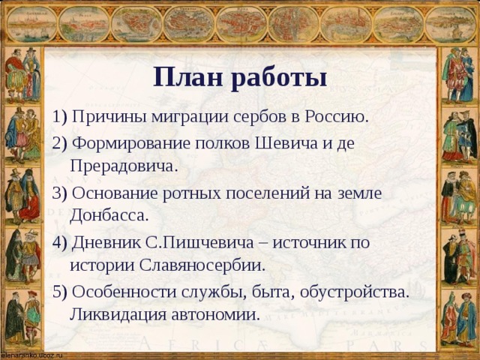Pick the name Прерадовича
pos(123,166)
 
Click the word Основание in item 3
pos(113,192)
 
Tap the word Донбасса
pos(109,215)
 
